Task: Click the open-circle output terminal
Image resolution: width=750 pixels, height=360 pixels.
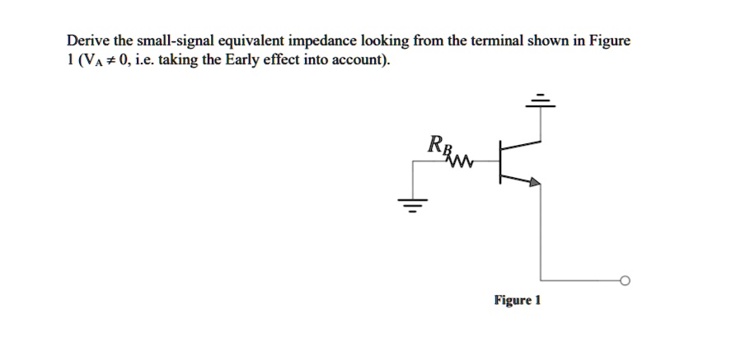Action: click(624, 282)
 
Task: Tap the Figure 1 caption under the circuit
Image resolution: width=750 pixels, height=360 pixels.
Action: click(517, 300)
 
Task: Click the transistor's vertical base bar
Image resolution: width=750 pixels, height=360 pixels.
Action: click(499, 161)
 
